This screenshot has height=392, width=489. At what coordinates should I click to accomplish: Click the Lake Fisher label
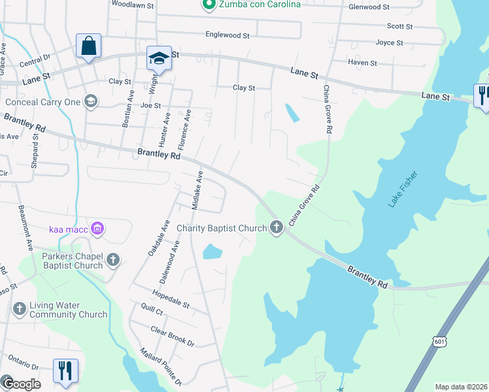[x=402, y=190]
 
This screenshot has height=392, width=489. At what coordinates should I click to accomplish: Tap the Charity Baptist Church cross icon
[x=277, y=228]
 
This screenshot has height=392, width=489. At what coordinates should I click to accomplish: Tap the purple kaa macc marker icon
[x=97, y=229]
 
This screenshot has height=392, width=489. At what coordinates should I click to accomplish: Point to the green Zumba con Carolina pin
[x=209, y=5]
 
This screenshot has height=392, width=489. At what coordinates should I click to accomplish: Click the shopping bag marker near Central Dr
[x=88, y=46]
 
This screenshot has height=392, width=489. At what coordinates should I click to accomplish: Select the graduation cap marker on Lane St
[x=158, y=58]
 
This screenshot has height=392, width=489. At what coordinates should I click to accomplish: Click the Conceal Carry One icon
[x=90, y=101]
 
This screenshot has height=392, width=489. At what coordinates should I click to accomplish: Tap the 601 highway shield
[x=439, y=341]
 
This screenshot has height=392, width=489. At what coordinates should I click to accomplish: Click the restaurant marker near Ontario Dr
[x=65, y=370]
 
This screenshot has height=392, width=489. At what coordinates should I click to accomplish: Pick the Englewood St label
[x=228, y=35]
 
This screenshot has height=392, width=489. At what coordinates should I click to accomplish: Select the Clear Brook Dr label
[x=172, y=336]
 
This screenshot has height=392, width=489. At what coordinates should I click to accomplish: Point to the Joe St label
[x=150, y=105]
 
